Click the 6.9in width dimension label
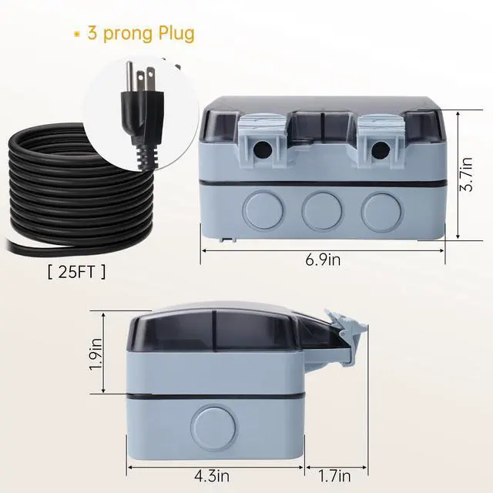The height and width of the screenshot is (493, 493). coord(323,260)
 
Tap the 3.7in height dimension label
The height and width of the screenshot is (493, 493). coord(466,174)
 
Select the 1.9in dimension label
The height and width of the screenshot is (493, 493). coord(96,354)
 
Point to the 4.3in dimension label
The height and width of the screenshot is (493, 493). coord(212,476)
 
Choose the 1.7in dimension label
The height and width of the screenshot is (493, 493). coord(334,476)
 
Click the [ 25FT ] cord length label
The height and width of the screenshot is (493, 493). coord(77,272)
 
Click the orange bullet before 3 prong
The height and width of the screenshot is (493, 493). coord(76,34)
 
